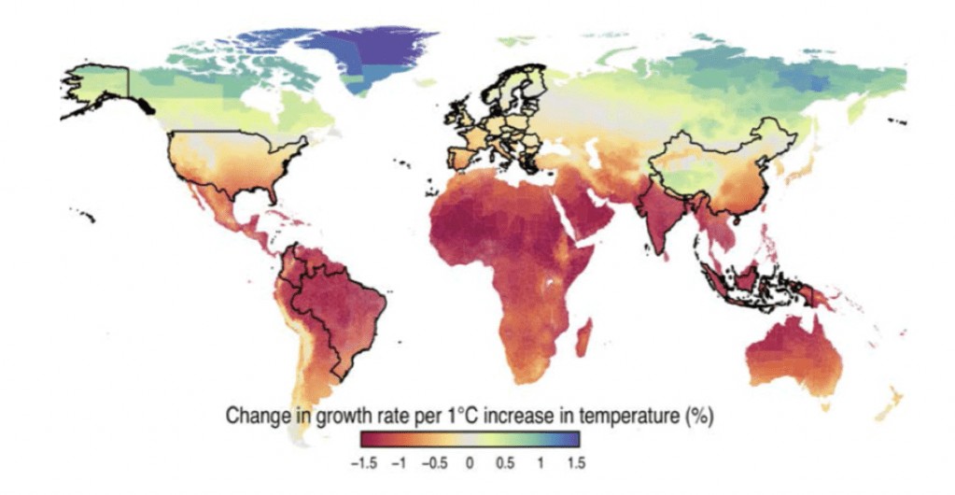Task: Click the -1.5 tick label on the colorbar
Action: pos(366,461)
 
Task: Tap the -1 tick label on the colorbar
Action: pos(401,461)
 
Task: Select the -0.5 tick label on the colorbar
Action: pos(435,461)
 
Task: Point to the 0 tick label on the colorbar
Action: pos(470,461)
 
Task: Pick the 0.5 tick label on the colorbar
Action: pos(504,461)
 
